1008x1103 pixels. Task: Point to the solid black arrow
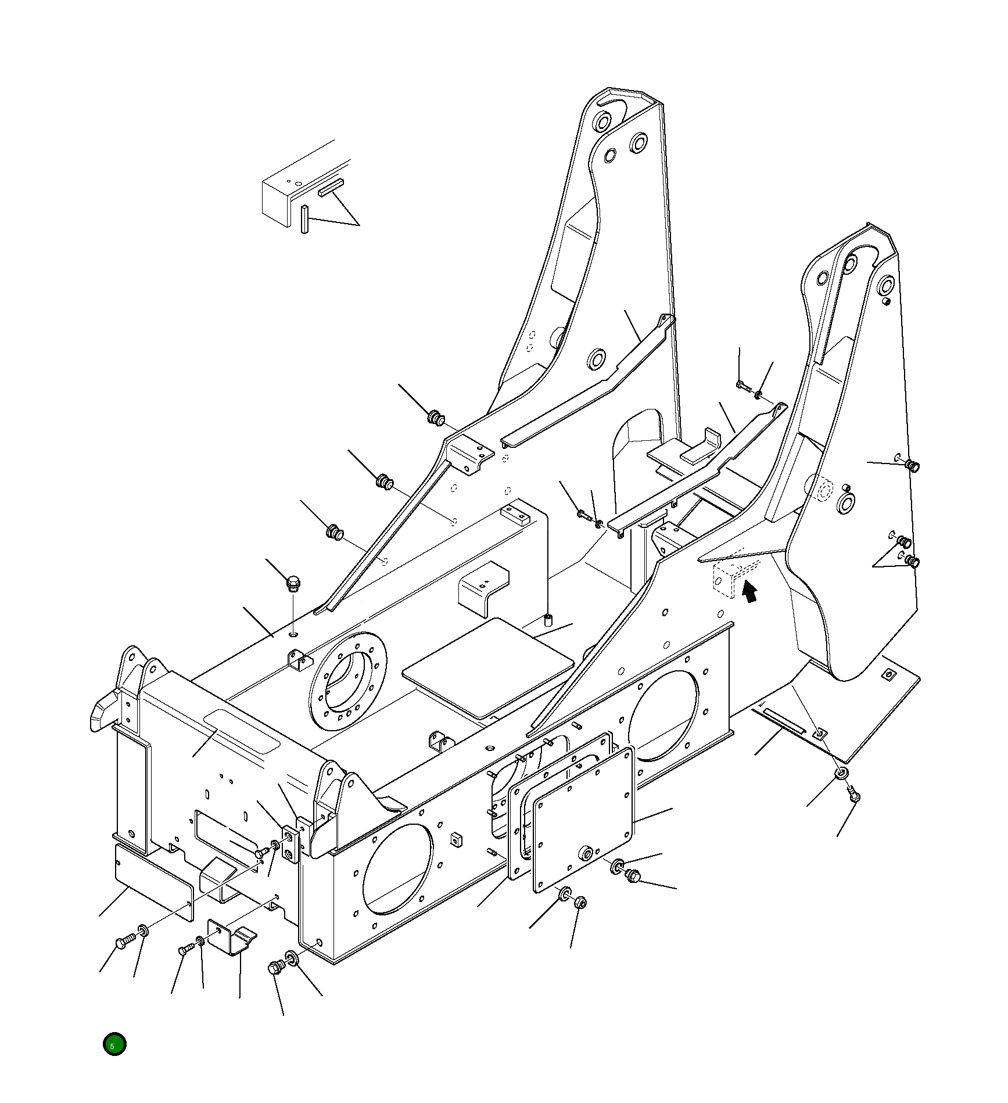click(x=750, y=593)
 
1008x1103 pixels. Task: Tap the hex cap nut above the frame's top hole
click(x=294, y=580)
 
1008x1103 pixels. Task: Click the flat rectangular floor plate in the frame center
click(x=488, y=667)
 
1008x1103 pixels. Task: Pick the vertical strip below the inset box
click(x=304, y=218)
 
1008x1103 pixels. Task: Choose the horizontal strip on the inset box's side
click(x=331, y=188)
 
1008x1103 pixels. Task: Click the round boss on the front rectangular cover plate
click(x=584, y=853)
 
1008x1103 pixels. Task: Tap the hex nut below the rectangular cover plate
click(x=579, y=903)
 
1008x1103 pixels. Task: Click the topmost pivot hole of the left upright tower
click(x=602, y=122)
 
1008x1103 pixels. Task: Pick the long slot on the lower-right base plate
click(x=783, y=721)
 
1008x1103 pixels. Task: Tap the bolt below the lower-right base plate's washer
click(x=853, y=794)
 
